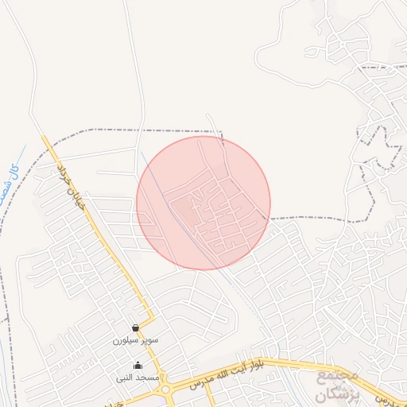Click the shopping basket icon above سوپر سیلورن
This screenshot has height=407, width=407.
tap(136, 328)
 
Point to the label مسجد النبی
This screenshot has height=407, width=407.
tap(138, 377)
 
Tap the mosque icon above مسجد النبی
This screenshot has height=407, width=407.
tap(138, 366)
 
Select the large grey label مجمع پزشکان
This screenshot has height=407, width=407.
tap(338, 383)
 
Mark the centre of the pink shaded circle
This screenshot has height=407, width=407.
tap(203, 203)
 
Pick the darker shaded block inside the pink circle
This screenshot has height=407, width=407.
tap(184, 208)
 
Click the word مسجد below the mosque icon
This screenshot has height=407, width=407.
tap(148, 377)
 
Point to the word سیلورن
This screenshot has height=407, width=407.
tap(127, 339)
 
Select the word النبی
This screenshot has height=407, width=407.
tap(127, 377)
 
